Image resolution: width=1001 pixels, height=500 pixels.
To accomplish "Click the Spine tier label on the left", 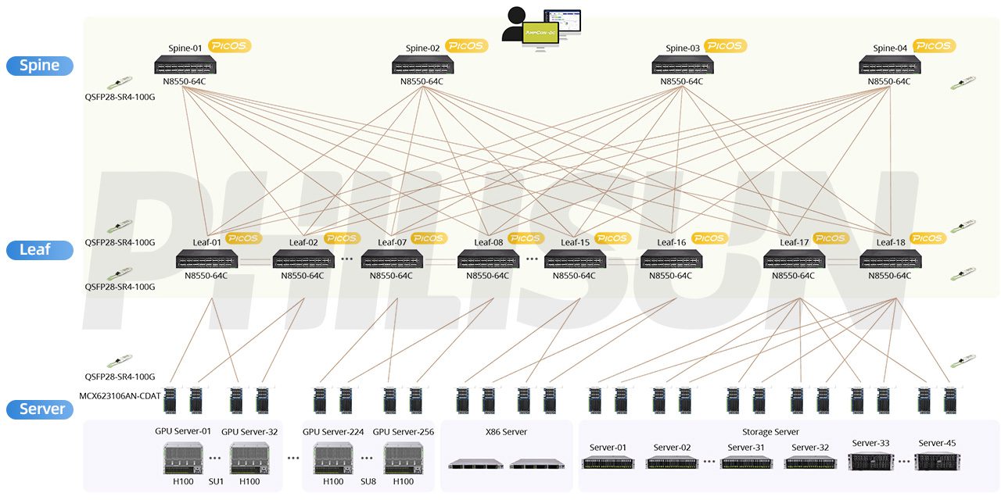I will [40, 66].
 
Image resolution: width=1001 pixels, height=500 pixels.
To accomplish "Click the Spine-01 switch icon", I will [185, 65].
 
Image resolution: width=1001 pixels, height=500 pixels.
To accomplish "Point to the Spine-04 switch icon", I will [889, 65].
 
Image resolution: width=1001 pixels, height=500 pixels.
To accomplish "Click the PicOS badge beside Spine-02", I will [467, 46].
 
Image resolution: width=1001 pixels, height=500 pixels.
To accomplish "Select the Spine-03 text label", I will [683, 48].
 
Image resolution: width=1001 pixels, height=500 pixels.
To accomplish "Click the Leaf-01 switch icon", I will [206, 259].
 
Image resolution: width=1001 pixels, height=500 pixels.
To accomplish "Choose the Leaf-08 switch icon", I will [489, 259].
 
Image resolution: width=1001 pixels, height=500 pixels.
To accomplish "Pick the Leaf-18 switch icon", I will [890, 259].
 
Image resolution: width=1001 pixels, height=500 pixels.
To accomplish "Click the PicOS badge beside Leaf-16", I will [709, 238].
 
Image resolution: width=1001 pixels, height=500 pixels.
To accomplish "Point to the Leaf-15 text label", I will [576, 242].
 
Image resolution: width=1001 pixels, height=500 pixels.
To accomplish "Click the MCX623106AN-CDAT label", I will [120, 396].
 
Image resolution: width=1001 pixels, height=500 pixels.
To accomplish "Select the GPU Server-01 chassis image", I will [182, 458].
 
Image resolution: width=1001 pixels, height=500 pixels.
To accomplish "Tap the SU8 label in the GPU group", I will [368, 482].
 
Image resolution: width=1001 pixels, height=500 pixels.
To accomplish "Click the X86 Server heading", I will [507, 432].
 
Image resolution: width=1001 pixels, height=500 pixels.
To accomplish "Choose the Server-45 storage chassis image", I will [936, 461].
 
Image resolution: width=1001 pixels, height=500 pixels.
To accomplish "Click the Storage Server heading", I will [770, 432].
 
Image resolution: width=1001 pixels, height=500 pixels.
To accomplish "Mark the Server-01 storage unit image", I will [608, 462].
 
